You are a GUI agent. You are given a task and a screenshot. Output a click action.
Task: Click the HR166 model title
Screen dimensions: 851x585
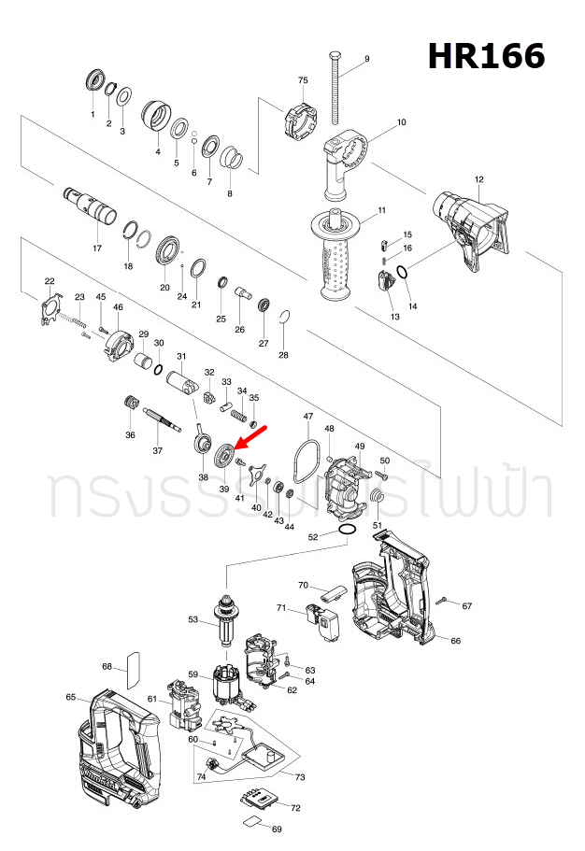tap(486, 56)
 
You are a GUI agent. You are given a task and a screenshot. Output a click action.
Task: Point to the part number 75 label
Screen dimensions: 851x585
tap(303, 81)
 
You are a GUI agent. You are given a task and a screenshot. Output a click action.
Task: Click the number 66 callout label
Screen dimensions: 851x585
tap(455, 641)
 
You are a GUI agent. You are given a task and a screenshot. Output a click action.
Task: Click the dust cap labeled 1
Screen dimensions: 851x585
tap(93, 80)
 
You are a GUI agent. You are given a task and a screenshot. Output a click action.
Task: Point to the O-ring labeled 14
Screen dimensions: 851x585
tap(402, 273)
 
